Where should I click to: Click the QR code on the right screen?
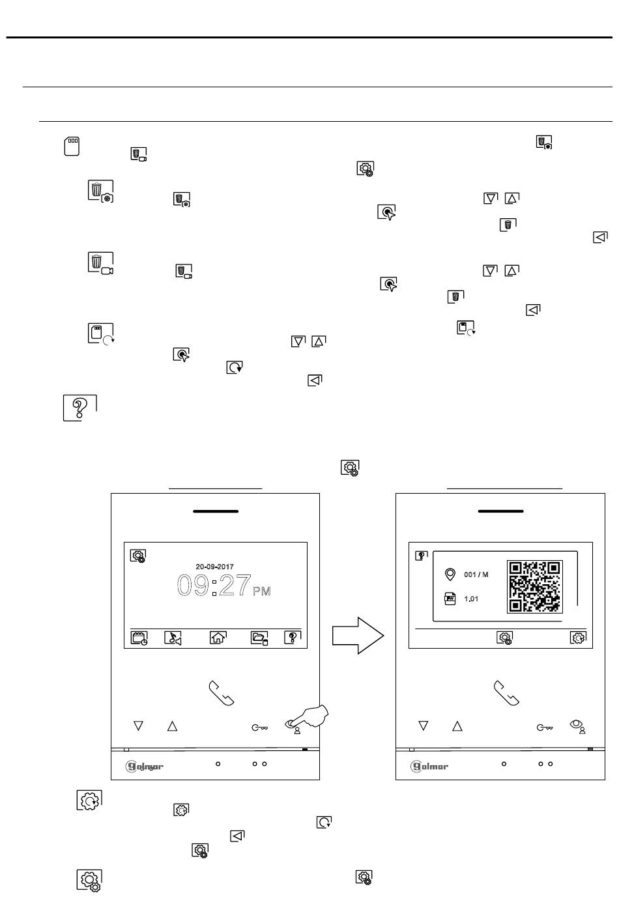click(x=534, y=586)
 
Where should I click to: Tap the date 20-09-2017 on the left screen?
click(x=214, y=567)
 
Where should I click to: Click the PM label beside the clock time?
click(x=262, y=591)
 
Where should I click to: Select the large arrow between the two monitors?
click(x=358, y=635)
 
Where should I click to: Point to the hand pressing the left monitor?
click(x=309, y=717)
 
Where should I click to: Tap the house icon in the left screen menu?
click(x=218, y=637)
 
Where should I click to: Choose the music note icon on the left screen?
click(x=173, y=638)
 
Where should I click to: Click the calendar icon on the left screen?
click(x=139, y=638)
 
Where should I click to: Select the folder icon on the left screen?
click(x=259, y=638)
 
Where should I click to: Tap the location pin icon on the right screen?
click(x=450, y=574)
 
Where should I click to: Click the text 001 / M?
click(x=476, y=574)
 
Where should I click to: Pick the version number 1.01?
click(x=471, y=599)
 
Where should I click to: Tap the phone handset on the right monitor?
click(x=506, y=693)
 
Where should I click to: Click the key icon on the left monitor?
click(x=259, y=727)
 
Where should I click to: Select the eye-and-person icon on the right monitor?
click(x=578, y=726)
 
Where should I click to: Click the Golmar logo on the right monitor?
click(x=429, y=766)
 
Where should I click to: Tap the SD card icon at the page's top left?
click(x=72, y=146)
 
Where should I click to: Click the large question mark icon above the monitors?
click(x=80, y=408)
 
